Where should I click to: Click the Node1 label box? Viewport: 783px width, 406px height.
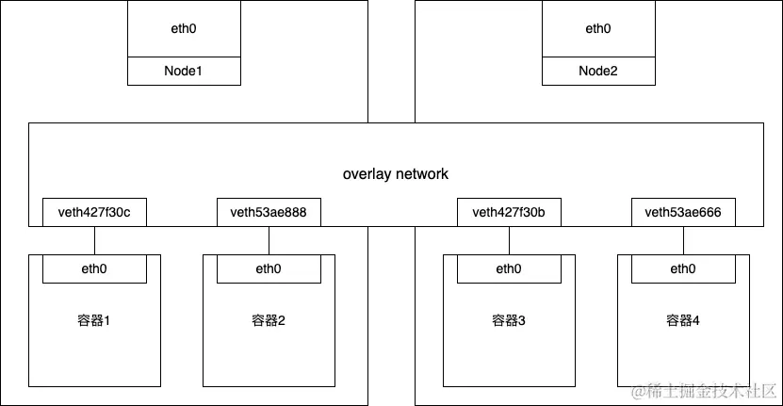(x=183, y=71)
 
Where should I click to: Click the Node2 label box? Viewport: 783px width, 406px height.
(x=597, y=71)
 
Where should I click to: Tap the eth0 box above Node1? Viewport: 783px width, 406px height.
(x=183, y=29)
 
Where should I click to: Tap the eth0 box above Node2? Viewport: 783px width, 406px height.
(x=597, y=29)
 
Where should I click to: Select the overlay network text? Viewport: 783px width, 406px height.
(x=395, y=174)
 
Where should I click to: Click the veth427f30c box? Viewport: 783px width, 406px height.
(x=94, y=213)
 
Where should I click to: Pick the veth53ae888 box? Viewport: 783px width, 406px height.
(x=269, y=213)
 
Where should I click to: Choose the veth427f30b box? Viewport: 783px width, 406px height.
(x=509, y=213)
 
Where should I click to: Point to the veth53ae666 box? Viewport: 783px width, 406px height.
(x=683, y=213)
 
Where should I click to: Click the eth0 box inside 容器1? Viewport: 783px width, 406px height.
(x=94, y=269)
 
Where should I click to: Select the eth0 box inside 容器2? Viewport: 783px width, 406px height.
(x=269, y=269)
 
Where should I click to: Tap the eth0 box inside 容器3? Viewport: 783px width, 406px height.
(x=509, y=269)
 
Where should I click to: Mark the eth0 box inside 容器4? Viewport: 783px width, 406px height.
(x=683, y=269)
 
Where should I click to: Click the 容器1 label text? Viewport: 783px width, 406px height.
(x=94, y=321)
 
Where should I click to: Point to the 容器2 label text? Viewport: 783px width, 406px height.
(x=269, y=321)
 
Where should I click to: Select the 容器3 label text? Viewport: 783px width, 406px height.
(x=509, y=321)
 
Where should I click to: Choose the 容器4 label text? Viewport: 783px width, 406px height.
(x=683, y=321)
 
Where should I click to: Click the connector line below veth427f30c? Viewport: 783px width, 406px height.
(x=94, y=240)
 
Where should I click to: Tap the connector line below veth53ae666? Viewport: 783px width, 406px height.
(x=683, y=240)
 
